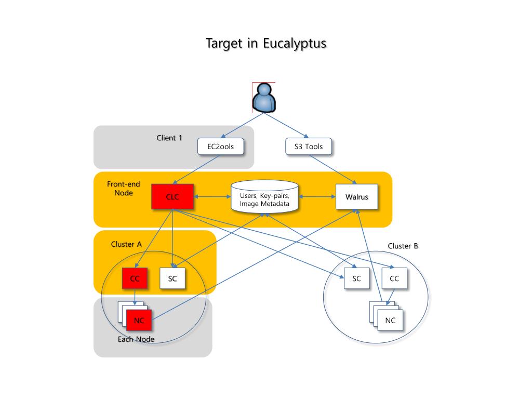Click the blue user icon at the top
pos(264,98)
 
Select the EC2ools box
pos(220,146)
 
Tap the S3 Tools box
pos(309,146)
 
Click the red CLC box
pos(172,196)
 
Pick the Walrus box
pos(356,196)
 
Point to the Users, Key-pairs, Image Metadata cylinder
pos(264,197)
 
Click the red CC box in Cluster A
pos(135,278)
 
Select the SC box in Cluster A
pos(172,278)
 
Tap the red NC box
pos(139,320)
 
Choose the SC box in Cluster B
pos(356,278)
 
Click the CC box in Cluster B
pos(394,278)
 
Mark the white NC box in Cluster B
pos(390,320)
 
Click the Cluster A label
pos(126,244)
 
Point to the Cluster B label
pos(403,246)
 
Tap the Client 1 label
pos(169,138)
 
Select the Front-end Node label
pos(124,188)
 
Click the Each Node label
pos(136,339)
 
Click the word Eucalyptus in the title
pos(295,44)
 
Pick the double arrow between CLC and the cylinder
pos(212,196)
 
